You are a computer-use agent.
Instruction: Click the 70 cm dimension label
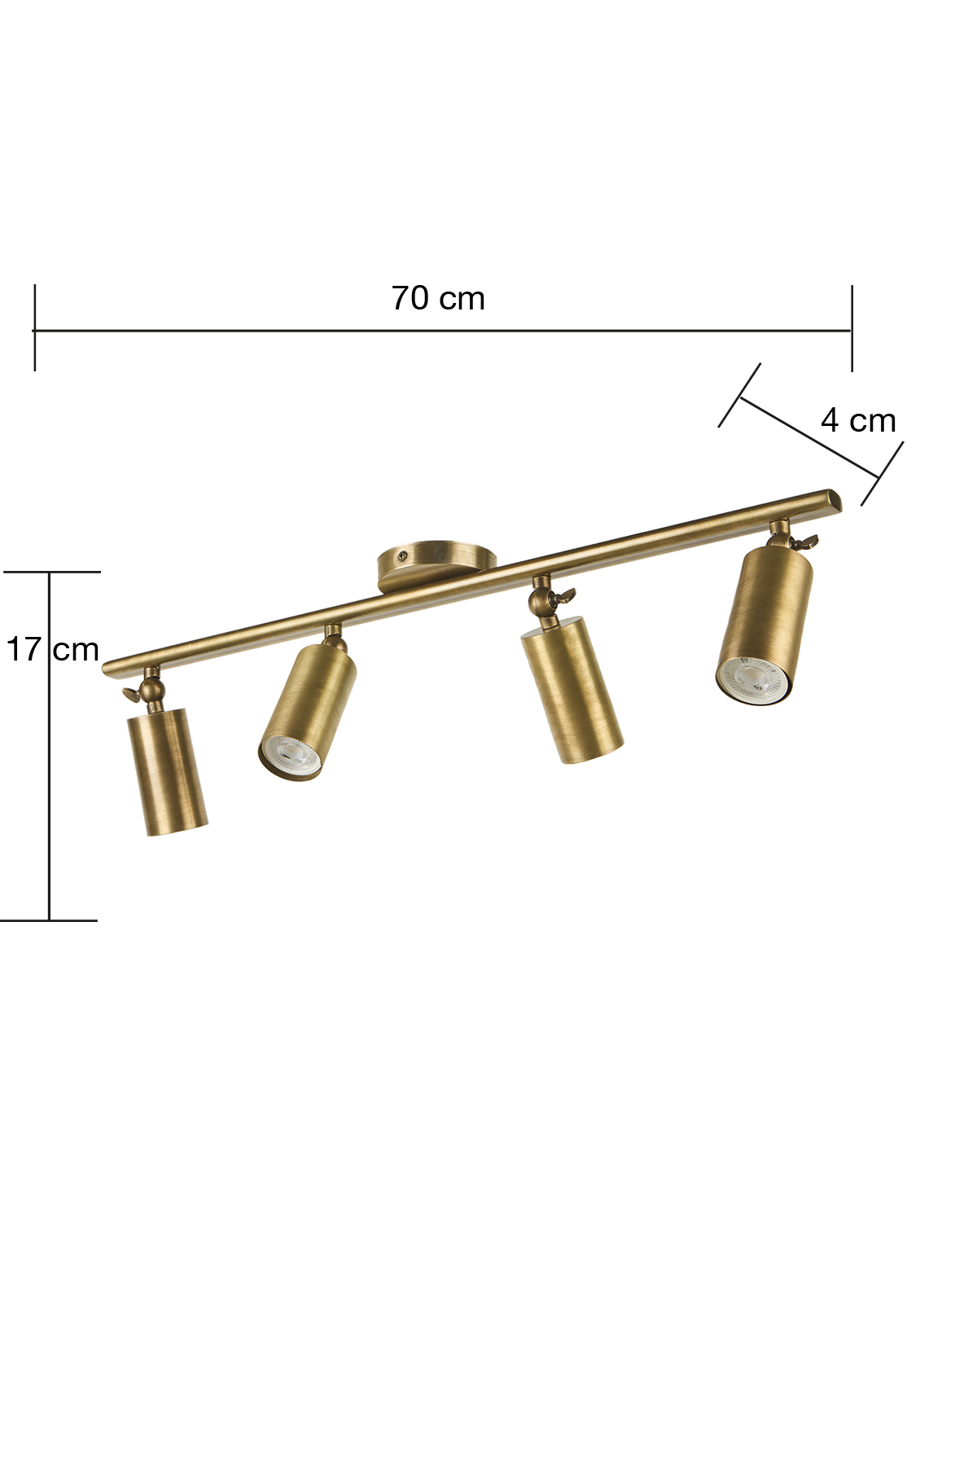point(438,299)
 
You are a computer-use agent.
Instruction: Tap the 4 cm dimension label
point(858,420)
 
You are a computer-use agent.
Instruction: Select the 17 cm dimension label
point(53,649)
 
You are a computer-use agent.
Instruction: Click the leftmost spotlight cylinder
point(168,770)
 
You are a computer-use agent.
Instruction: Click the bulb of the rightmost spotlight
point(753,678)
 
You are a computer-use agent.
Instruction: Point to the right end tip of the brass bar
point(839,498)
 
